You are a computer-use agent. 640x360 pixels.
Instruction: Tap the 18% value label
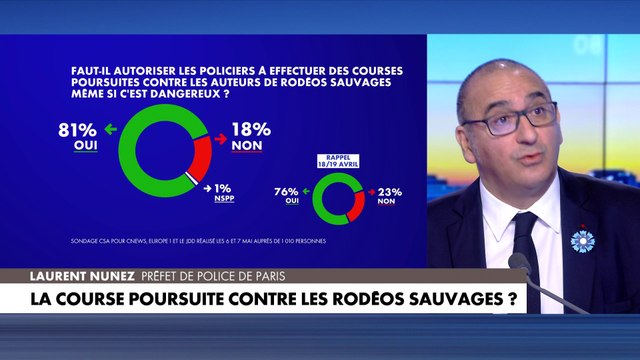tap(250, 129)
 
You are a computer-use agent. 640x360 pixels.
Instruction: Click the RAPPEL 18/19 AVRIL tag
tap(338, 161)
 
